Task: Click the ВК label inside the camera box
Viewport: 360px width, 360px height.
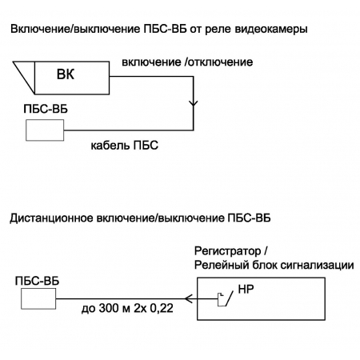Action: [66, 74]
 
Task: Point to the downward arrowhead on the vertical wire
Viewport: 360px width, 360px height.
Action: [194, 103]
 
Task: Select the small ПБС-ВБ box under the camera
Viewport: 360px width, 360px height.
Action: [45, 130]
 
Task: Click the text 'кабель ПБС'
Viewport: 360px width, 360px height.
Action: [125, 146]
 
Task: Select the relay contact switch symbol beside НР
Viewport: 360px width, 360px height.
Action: [225, 299]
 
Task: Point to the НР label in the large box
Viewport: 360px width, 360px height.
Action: [246, 289]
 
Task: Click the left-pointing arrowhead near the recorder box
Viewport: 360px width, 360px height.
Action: [189, 298]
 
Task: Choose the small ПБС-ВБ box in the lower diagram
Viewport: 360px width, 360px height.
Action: [38, 298]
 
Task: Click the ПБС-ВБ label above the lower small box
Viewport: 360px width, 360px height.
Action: [37, 281]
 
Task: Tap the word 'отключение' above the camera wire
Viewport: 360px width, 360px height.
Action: [221, 62]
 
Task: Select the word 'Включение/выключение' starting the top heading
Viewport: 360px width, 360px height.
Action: [75, 29]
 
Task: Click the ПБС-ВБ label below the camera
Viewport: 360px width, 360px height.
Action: [46, 109]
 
